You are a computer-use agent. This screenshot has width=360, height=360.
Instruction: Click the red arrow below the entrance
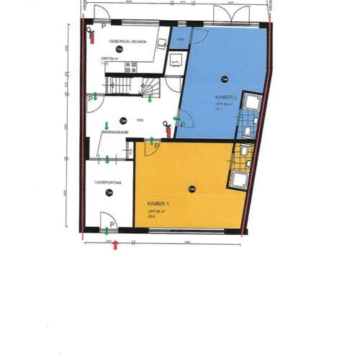click(116, 245)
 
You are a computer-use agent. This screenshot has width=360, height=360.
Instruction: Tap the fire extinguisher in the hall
click(168, 130)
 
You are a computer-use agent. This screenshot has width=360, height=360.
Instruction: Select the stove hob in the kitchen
click(132, 68)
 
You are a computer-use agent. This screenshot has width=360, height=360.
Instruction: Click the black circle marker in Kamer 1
click(192, 189)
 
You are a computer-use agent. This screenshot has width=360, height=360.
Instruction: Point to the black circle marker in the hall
click(123, 120)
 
